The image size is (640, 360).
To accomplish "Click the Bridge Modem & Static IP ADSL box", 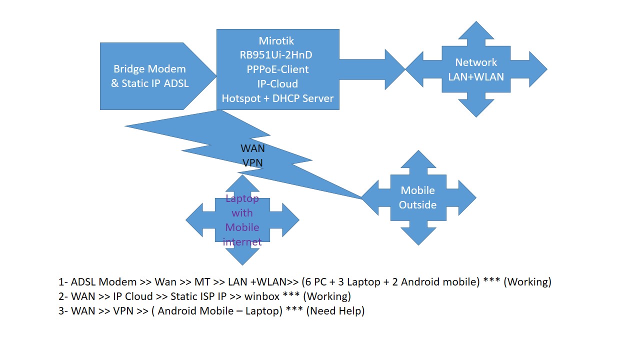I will point(150,76).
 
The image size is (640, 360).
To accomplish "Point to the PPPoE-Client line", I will point(277,69).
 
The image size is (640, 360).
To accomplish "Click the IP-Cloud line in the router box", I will point(277,84).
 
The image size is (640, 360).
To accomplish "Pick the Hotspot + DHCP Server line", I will point(277,98).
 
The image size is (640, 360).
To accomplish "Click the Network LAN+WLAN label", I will point(475,69).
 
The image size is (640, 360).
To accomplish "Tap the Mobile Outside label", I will point(417,197).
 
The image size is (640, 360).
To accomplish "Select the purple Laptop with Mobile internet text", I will point(242,220).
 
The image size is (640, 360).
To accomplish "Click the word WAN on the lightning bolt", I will point(252,148).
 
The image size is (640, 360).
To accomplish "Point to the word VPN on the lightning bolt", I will point(252,162).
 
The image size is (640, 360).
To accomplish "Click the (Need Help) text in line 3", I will point(335,311).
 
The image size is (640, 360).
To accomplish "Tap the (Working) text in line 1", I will point(527,282).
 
